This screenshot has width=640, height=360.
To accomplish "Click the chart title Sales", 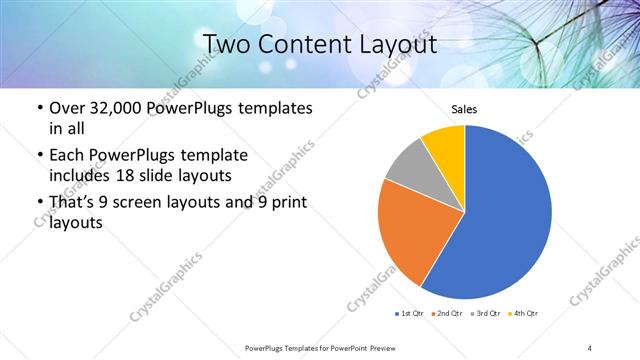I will (x=464, y=108).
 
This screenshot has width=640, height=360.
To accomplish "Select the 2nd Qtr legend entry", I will (x=445, y=314).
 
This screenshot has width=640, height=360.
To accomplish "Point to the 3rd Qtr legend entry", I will (x=486, y=314).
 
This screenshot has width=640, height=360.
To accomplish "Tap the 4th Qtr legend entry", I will (x=524, y=314).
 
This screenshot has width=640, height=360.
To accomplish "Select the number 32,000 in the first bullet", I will (x=112, y=108).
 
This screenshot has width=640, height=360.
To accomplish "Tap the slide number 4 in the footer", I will (x=590, y=347).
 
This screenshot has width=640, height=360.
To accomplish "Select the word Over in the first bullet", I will (x=68, y=108).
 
